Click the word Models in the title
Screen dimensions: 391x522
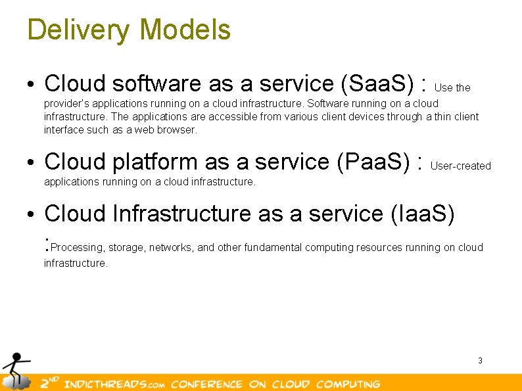[185, 30]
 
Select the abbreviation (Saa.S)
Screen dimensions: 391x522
[377, 84]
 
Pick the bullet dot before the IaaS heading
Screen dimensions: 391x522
[31, 215]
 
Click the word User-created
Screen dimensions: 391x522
[460, 166]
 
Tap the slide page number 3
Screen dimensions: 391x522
[480, 360]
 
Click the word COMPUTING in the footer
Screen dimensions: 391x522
[348, 384]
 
